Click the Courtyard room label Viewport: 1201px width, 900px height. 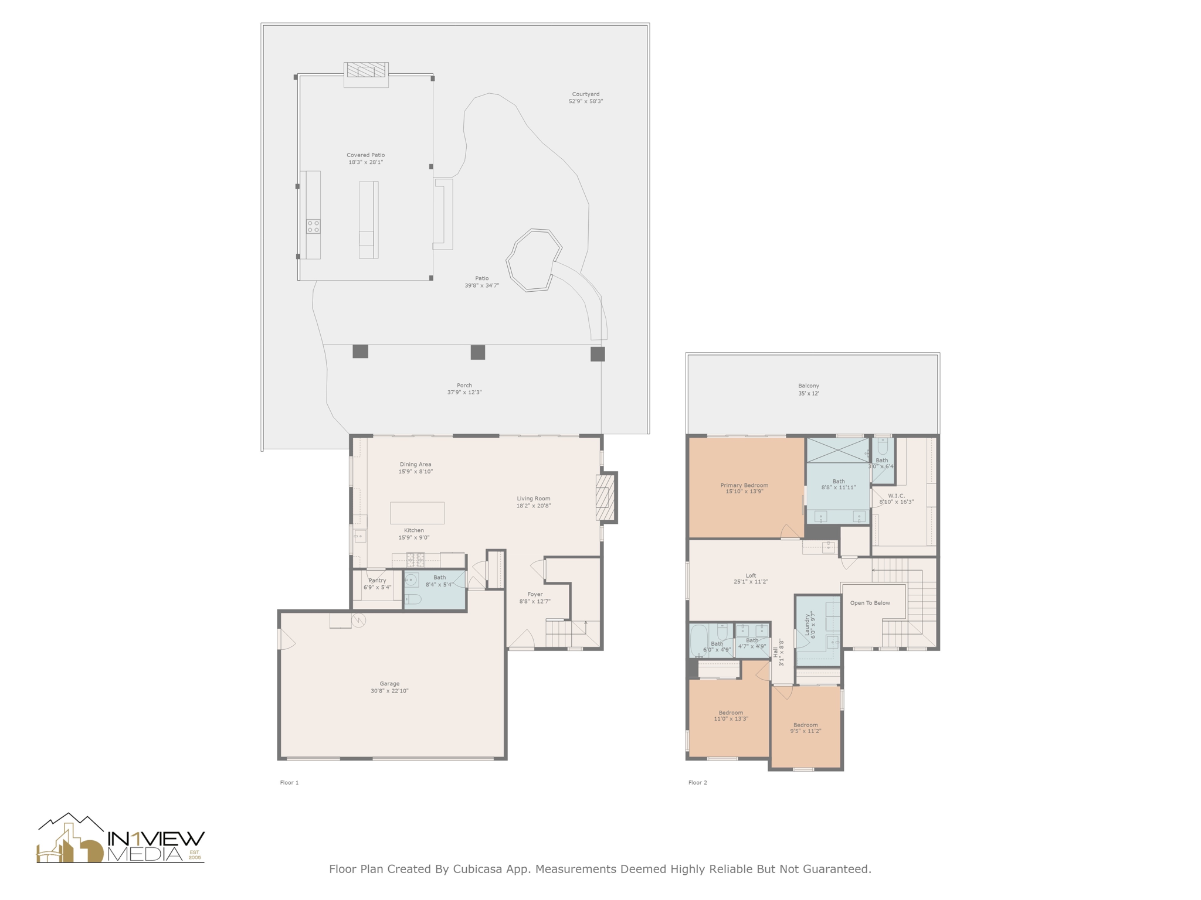(x=585, y=94)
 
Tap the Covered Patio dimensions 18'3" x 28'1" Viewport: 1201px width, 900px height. (x=365, y=162)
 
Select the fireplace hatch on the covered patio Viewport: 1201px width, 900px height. (x=366, y=70)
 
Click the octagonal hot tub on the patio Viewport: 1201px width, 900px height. (x=533, y=260)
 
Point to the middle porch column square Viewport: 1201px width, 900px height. (x=478, y=352)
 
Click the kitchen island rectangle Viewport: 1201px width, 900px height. (x=417, y=513)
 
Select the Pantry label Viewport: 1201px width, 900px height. (x=377, y=580)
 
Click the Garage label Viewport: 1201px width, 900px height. (x=389, y=683)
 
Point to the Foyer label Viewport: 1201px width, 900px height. (x=535, y=594)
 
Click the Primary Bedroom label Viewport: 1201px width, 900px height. (x=744, y=485)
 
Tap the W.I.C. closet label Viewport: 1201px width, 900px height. (x=896, y=495)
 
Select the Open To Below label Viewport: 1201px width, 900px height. (x=870, y=603)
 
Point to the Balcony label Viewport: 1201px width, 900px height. (x=808, y=386)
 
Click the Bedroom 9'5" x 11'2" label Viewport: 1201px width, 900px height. (x=805, y=725)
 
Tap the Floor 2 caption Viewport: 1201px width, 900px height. (x=697, y=782)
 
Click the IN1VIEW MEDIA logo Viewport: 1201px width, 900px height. (x=120, y=839)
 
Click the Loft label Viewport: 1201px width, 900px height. (x=751, y=575)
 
